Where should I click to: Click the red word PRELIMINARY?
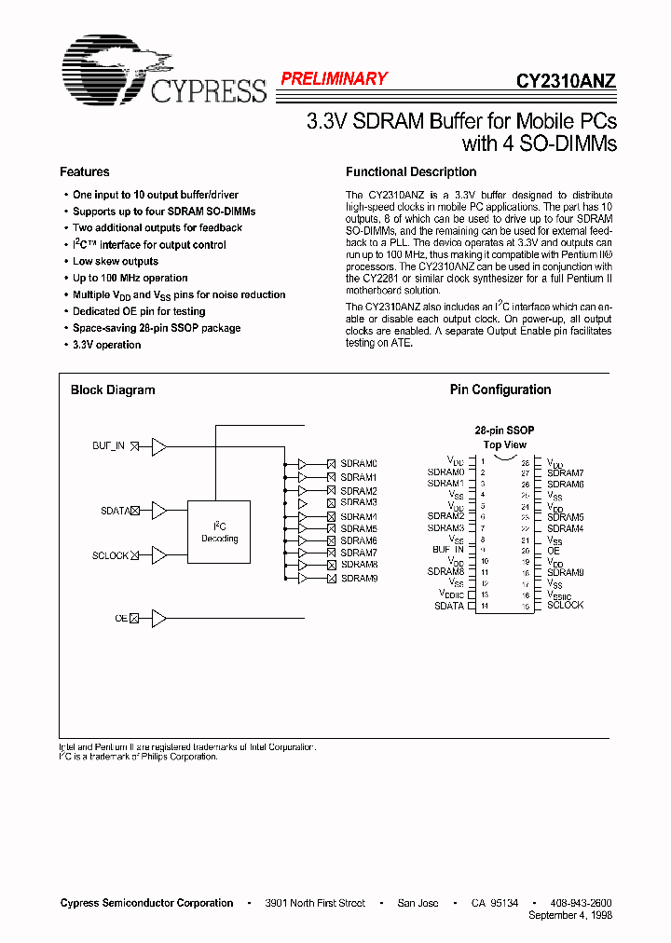(x=334, y=79)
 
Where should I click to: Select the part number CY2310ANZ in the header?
(x=566, y=81)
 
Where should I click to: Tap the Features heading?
(x=85, y=172)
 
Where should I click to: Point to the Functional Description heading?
(x=411, y=172)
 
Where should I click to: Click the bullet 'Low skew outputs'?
(x=116, y=262)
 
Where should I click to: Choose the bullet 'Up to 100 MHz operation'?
(x=130, y=279)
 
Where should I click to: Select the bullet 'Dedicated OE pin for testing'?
(x=139, y=312)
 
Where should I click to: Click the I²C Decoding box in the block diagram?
(x=219, y=532)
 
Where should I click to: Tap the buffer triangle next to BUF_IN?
(x=159, y=446)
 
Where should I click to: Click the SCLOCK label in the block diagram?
(x=110, y=555)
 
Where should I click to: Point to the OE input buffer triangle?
(x=159, y=618)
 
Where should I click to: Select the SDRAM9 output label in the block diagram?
(x=359, y=579)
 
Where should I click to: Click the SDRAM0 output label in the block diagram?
(x=359, y=464)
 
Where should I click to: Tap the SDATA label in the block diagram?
(x=114, y=511)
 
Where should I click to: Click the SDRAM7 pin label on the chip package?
(x=566, y=473)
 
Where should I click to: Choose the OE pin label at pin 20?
(x=554, y=551)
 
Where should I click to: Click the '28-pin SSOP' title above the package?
(x=504, y=430)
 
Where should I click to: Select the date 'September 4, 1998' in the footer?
(x=569, y=915)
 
